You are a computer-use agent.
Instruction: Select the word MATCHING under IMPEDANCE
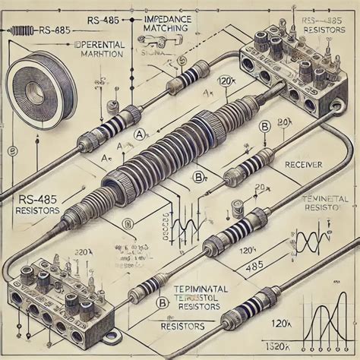click(x=163, y=27)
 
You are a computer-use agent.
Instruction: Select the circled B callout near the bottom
click(x=162, y=302)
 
